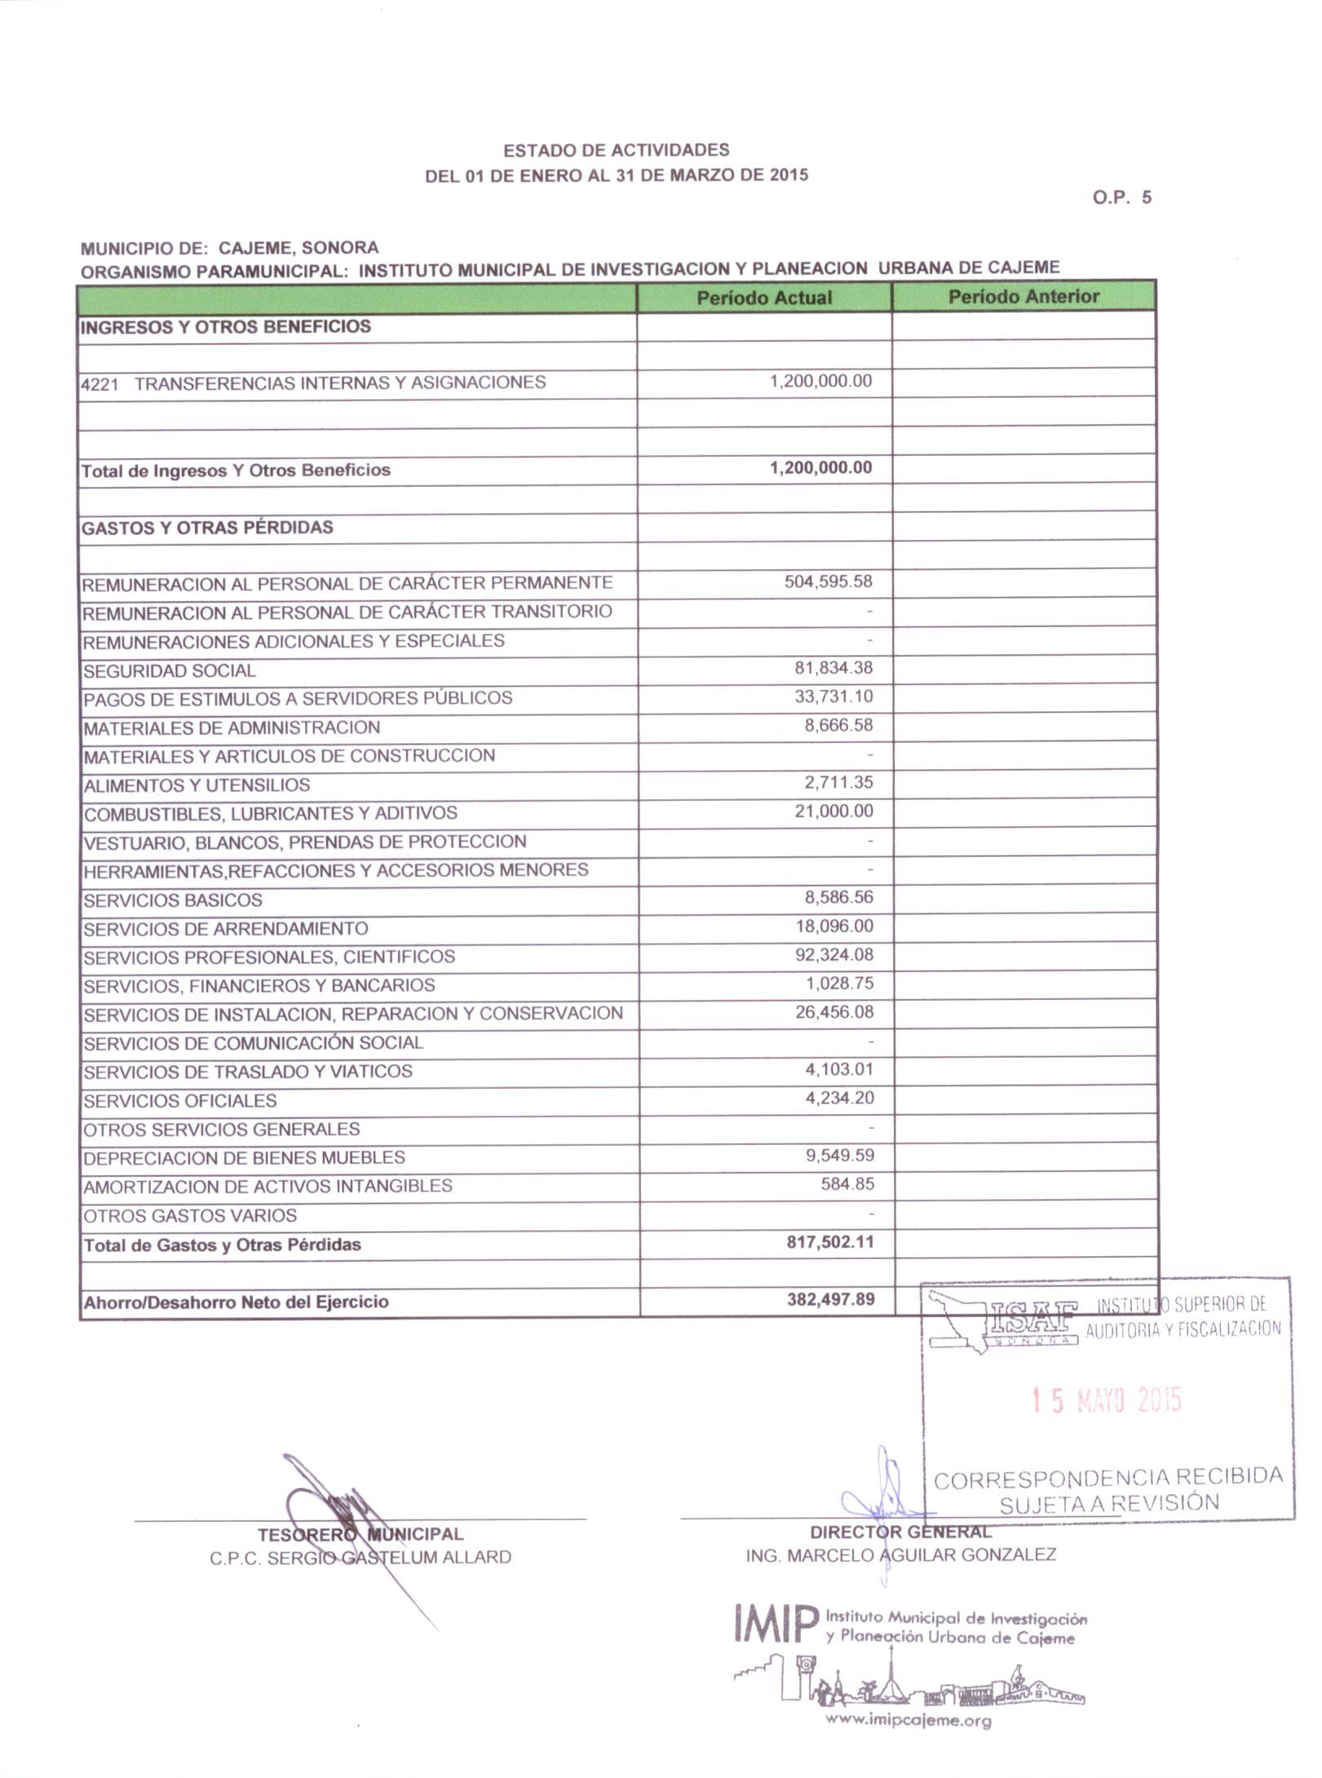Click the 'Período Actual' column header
pyautogui.click(x=763, y=298)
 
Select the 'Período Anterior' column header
pyautogui.click(x=1024, y=296)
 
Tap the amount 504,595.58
pyautogui.click(x=828, y=582)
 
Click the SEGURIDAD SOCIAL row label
pyautogui.click(x=170, y=670)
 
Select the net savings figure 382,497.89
pyautogui.click(x=830, y=1298)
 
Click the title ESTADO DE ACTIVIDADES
pyautogui.click(x=616, y=150)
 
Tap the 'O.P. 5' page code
pyautogui.click(x=1122, y=197)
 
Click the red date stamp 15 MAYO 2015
pyautogui.click(x=1106, y=1401)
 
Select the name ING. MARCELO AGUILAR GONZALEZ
pyautogui.click(x=900, y=1555)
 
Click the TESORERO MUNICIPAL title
pyautogui.click(x=360, y=1534)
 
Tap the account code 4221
pyautogui.click(x=99, y=383)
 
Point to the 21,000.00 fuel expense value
pyautogui.click(x=833, y=811)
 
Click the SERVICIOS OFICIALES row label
pyautogui.click(x=180, y=1100)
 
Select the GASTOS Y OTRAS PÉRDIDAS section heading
pyautogui.click(x=207, y=528)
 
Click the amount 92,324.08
pyautogui.click(x=833, y=954)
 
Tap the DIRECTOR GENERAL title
pyautogui.click(x=900, y=1532)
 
